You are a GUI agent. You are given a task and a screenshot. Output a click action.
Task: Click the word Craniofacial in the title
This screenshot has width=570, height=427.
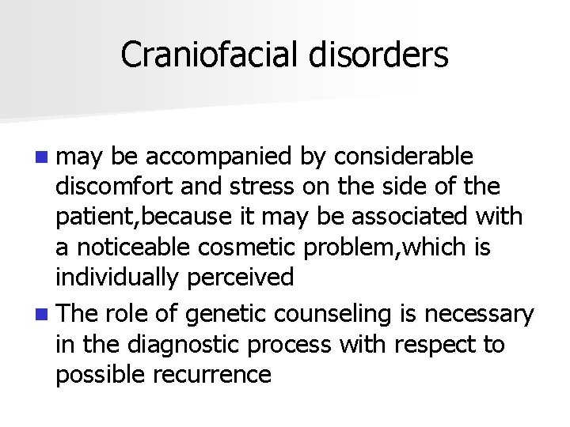(x=207, y=55)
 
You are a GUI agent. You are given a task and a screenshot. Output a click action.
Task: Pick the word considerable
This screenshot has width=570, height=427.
(x=403, y=157)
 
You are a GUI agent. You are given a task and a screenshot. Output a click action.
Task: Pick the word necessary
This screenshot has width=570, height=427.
(x=480, y=315)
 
